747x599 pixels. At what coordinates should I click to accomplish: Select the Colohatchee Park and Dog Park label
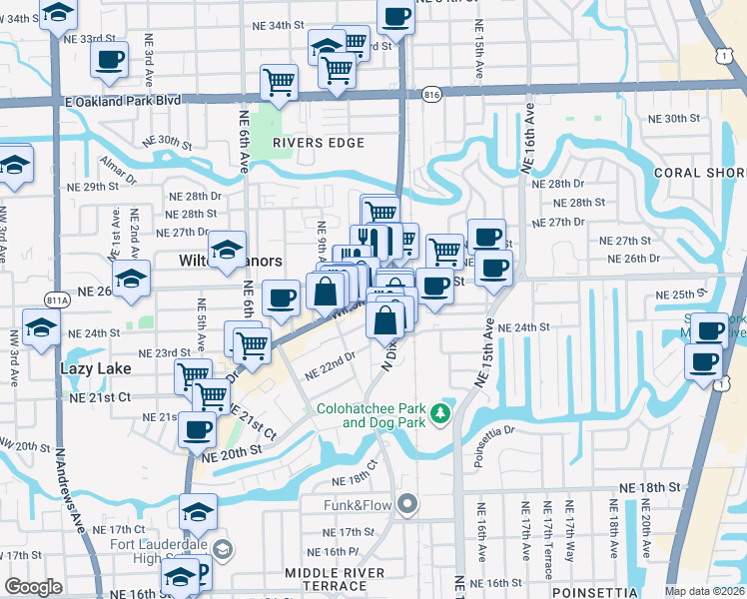coord(370,415)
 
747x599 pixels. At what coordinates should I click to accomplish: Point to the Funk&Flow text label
coord(356,505)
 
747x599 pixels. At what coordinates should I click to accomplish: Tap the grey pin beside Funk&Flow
coord(405,504)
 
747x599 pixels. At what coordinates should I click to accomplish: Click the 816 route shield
coord(431,94)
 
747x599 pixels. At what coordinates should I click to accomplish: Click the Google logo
coord(33,587)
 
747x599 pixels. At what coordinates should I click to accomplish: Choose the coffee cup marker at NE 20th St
coord(197,428)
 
